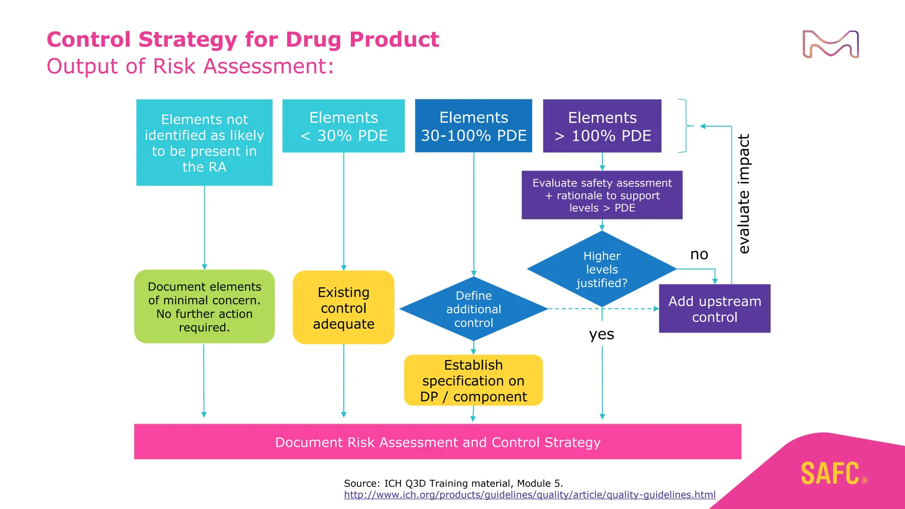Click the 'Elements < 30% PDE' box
coord(343,126)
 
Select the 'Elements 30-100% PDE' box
coord(473,126)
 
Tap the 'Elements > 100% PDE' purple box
coord(602,126)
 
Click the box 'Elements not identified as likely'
coord(204,142)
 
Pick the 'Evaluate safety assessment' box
coord(602,195)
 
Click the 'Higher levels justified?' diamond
coord(602,269)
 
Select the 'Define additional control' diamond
coord(473,309)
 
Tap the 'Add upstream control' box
coord(715,308)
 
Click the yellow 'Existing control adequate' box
coord(343,308)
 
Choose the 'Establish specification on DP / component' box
coord(473,380)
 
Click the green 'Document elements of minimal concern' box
coord(204,307)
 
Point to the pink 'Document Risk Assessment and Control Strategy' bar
coord(437,442)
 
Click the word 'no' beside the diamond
coord(699,254)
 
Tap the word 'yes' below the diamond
coord(601,334)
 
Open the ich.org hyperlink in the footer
coord(529,495)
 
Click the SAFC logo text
coord(830,474)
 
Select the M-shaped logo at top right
coord(830,44)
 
